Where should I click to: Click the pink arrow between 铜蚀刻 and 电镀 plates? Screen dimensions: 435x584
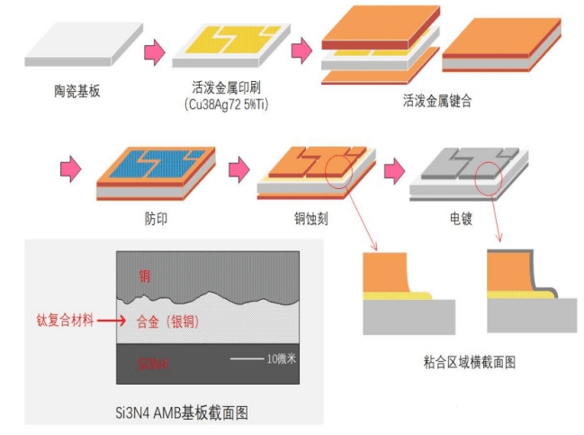[x=393, y=169]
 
